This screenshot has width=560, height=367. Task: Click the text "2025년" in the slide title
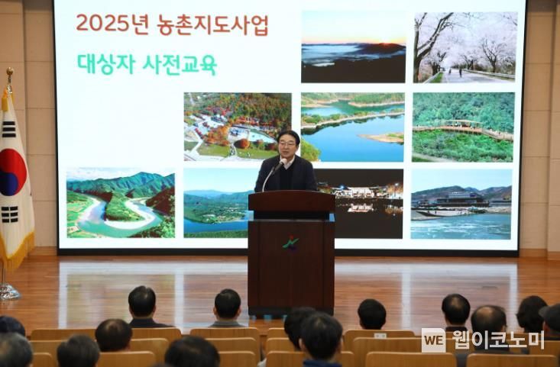pos(112,24)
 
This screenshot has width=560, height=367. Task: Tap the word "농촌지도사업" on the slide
pos(212,25)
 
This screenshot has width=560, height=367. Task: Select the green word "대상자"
pos(106,64)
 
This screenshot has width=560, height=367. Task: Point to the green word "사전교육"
pos(180,65)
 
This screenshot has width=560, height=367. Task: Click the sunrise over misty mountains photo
pos(354,47)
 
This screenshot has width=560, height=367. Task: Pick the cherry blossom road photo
pos(465,47)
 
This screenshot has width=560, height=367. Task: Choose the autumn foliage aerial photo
pos(238,127)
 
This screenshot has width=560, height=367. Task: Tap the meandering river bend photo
pos(121,203)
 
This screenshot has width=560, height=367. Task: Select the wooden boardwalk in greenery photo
pos(463,127)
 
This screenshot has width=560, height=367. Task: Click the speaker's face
pos(288,145)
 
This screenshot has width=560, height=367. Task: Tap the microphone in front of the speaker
pos(281,164)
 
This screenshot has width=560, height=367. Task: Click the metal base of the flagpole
pos(8,292)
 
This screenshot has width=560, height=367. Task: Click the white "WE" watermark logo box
pos(433,340)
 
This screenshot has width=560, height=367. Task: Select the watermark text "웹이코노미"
pos(498,340)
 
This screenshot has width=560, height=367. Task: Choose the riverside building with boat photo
pos(461,204)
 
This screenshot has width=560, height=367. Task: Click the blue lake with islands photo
pos(353,127)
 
